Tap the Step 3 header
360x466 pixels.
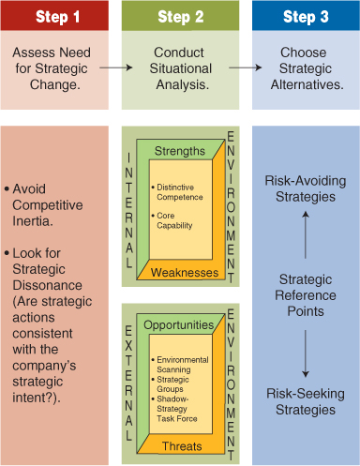pos(306,17)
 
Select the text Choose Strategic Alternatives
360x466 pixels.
pos(306,68)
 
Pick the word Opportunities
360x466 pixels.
pos(179,324)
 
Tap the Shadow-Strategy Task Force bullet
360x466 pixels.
pos(183,404)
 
